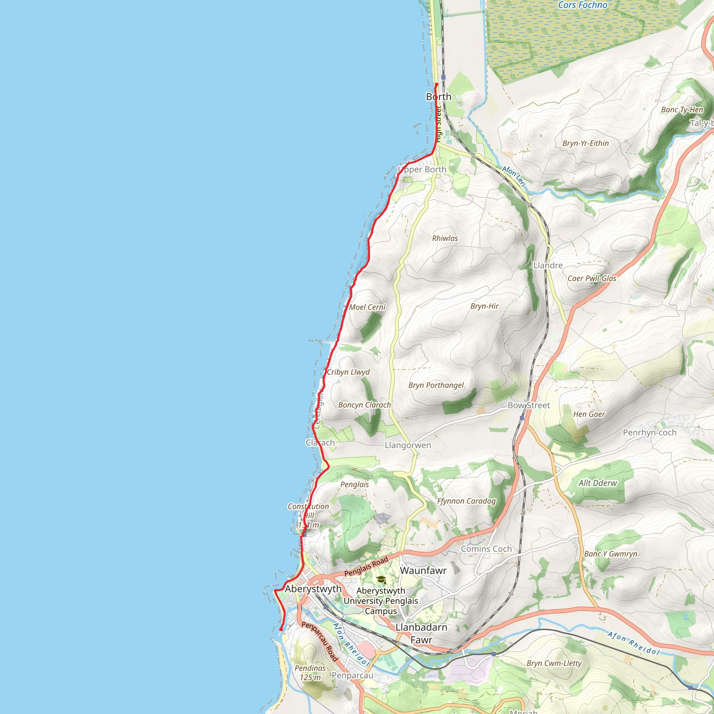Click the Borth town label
439,97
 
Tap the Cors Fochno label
583,5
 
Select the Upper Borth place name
422,170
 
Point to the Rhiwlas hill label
445,238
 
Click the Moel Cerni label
367,307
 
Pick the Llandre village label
548,265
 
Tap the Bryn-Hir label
485,306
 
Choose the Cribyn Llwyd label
348,372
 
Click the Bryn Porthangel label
436,385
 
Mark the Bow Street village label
529,405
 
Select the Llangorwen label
408,445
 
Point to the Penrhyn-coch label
649,432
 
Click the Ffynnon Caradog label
466,501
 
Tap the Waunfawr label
423,571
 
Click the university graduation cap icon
381,580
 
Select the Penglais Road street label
366,567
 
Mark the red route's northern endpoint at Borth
436,85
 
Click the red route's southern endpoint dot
281,629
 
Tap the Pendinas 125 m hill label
310,673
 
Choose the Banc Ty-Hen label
682,110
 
